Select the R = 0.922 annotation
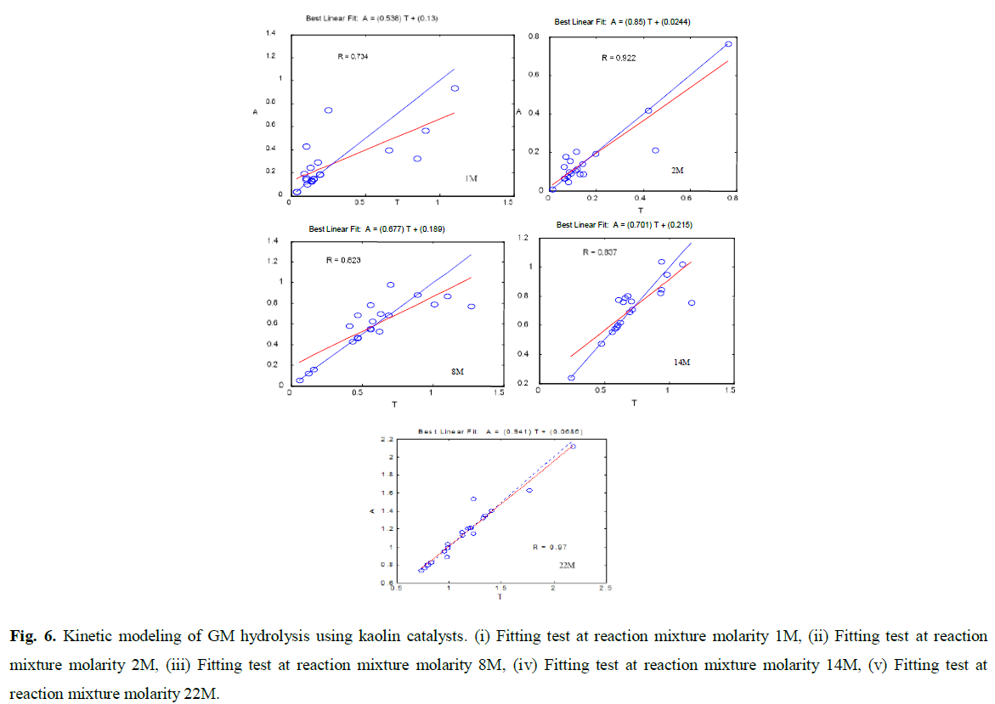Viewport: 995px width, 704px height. (619, 59)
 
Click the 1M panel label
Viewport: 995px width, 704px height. (471, 178)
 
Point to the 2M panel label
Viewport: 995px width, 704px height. (677, 171)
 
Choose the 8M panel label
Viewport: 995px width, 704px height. (458, 372)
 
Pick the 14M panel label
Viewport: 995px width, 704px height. (682, 362)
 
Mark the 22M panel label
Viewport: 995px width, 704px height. (567, 564)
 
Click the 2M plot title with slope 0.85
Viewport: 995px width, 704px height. (622, 22)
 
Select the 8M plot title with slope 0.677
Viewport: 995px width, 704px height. (376, 228)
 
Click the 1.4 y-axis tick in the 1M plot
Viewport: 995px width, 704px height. (271, 33)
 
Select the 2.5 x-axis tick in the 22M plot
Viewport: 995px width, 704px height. (605, 589)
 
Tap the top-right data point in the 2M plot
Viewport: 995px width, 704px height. (728, 44)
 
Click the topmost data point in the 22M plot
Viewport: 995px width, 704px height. (573, 446)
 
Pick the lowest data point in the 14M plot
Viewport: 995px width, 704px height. (571, 378)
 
